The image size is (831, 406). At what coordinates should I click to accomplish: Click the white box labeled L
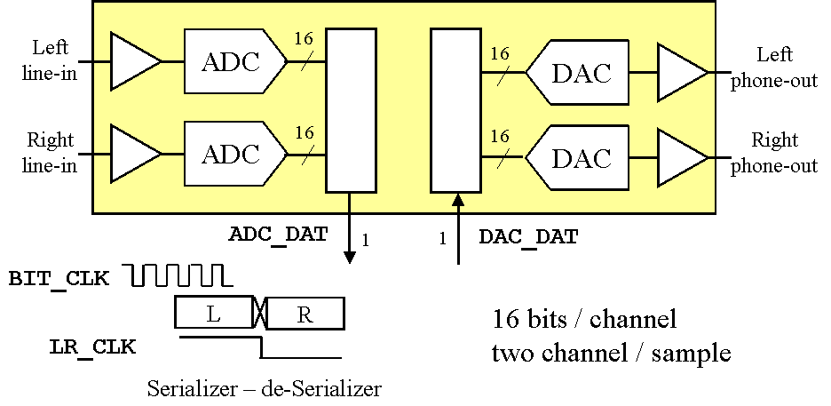214,313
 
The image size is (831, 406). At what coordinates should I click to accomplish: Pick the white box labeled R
305,314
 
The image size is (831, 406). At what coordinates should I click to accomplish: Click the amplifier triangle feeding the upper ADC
133,61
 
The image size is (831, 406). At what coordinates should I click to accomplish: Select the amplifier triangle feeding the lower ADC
133,154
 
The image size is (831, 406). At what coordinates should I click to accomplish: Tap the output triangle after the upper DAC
681,72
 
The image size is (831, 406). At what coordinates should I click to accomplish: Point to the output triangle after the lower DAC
681,158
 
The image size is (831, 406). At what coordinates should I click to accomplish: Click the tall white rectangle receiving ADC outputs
351,110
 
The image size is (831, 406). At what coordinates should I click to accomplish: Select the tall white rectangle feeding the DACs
455,110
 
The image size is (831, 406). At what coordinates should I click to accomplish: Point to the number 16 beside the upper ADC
304,40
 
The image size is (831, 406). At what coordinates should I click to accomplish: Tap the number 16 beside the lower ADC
304,132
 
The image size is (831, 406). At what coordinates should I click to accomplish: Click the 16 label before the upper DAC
499,53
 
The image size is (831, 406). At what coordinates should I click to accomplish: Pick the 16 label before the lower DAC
499,136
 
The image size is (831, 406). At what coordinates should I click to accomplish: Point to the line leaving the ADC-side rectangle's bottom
349,203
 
